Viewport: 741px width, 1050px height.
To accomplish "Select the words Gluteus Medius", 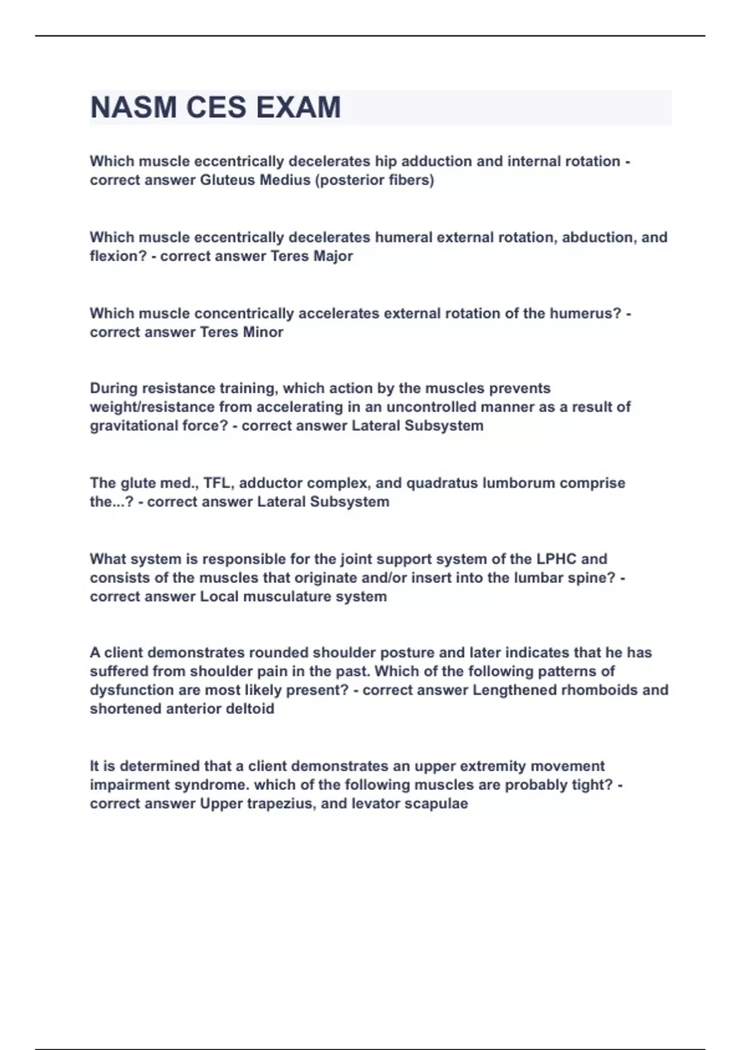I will click(255, 180).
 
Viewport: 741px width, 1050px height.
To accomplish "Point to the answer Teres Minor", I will click(241, 332).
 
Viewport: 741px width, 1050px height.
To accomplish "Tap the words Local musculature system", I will click(293, 597).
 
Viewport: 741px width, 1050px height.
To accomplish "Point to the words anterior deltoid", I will click(219, 709).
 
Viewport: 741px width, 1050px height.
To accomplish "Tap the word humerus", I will click(586, 314).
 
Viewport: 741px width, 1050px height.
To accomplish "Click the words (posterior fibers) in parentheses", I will click(375, 180).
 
